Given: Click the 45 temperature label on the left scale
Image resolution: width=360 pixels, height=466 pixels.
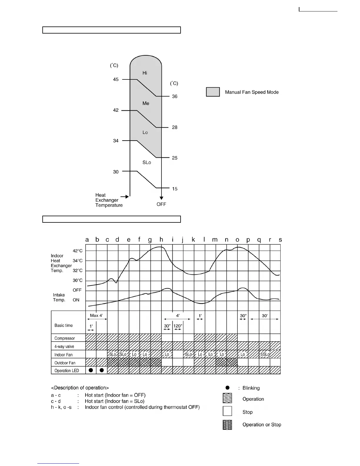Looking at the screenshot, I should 116,79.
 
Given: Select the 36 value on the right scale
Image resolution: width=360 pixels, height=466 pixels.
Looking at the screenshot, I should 175,96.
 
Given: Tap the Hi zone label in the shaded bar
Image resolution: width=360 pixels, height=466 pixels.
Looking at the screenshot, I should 145,73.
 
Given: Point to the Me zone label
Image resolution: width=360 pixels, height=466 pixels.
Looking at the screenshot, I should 146,103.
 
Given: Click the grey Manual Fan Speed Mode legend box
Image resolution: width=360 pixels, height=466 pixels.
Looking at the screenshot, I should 213,92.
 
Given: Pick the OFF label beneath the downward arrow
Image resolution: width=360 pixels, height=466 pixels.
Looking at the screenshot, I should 161,204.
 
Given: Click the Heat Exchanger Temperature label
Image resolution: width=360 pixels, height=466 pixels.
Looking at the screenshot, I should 109,200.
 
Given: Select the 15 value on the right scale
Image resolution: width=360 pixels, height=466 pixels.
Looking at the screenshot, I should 175,189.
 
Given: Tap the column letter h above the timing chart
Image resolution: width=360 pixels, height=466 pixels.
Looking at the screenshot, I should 161,239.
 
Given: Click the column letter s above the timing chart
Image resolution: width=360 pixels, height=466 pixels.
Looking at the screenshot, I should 280,240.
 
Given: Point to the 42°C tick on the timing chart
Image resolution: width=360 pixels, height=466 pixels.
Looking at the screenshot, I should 78,251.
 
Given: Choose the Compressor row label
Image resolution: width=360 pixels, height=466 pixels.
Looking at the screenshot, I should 65,338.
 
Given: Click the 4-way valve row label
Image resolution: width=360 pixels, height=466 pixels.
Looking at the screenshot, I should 64,347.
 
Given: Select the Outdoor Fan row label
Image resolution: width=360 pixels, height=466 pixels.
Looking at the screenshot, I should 65,363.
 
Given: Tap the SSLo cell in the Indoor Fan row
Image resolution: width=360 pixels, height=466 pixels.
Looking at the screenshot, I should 265,355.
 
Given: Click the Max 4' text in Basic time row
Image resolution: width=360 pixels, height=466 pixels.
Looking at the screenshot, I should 96,315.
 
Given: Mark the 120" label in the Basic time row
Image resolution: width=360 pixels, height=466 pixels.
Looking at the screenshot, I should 178,326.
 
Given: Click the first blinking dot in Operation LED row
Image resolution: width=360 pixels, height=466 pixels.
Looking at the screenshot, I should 91,370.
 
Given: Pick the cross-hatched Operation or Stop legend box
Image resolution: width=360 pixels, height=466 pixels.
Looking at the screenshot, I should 227,425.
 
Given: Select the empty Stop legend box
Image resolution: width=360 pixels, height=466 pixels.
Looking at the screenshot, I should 227,411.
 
